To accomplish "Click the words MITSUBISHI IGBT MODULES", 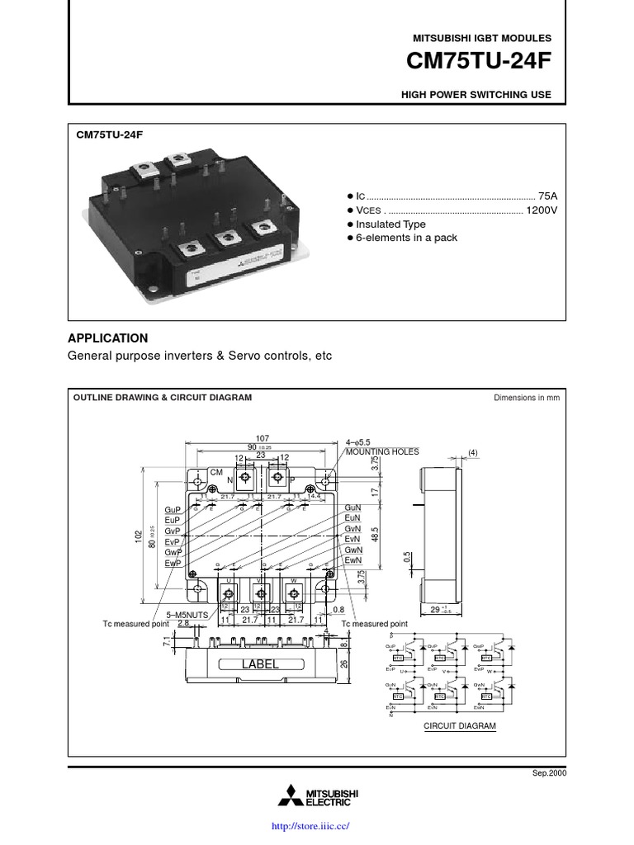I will point(481,38).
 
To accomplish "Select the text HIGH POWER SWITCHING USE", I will point(475,95).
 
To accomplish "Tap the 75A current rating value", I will point(547,196).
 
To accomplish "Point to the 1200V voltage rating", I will point(542,210).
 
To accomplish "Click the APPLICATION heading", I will point(107,338).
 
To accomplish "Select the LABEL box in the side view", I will point(260,663).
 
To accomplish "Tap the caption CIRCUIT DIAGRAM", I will point(460,726).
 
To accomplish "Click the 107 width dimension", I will point(263,438).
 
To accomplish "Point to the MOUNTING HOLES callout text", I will point(382,451).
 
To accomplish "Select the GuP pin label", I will point(173,511).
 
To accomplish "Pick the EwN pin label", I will point(354,560).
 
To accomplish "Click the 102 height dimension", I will point(139,537).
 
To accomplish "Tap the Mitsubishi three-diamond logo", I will point(290,796).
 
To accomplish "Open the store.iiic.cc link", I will point(316,825).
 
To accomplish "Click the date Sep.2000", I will point(551,773).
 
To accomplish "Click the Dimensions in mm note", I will point(527,397).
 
